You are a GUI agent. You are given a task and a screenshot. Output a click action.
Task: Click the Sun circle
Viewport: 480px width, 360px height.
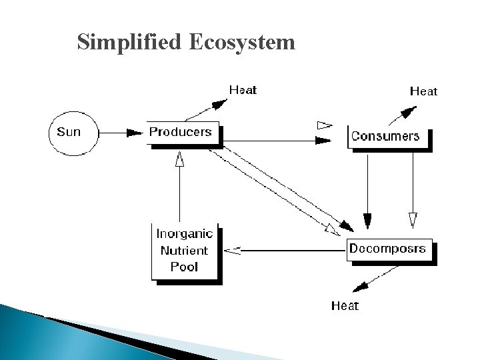[69, 132]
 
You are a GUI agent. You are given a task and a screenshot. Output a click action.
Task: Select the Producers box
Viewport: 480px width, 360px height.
[181, 132]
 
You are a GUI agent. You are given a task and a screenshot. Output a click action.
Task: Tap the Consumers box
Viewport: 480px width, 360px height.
[385, 137]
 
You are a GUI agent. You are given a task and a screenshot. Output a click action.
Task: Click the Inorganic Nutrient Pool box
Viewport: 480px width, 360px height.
[185, 251]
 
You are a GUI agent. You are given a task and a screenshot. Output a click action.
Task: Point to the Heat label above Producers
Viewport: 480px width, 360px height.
[243, 89]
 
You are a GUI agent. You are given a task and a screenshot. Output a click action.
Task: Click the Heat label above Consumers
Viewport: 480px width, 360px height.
[423, 91]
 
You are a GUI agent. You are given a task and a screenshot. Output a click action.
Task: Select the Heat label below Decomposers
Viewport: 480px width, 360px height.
[345, 306]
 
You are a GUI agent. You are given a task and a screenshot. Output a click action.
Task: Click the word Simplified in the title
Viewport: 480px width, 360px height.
[127, 43]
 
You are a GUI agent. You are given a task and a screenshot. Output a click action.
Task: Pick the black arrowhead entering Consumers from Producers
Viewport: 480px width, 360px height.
[323, 140]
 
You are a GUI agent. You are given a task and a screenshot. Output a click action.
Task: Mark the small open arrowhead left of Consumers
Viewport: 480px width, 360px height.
[323, 125]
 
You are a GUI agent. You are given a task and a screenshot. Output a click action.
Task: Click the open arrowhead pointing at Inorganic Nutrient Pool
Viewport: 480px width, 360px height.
[233, 250]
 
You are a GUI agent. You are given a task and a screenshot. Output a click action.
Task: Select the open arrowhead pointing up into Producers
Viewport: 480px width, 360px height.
[179, 159]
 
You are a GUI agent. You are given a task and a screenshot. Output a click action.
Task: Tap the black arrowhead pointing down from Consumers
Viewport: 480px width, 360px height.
[367, 221]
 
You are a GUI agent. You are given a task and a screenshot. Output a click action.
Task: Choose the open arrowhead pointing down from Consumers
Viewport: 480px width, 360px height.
[413, 219]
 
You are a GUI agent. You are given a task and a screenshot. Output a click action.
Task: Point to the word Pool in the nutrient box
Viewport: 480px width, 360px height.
[184, 267]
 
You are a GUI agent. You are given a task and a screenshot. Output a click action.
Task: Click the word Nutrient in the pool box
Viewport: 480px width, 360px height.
[184, 251]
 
